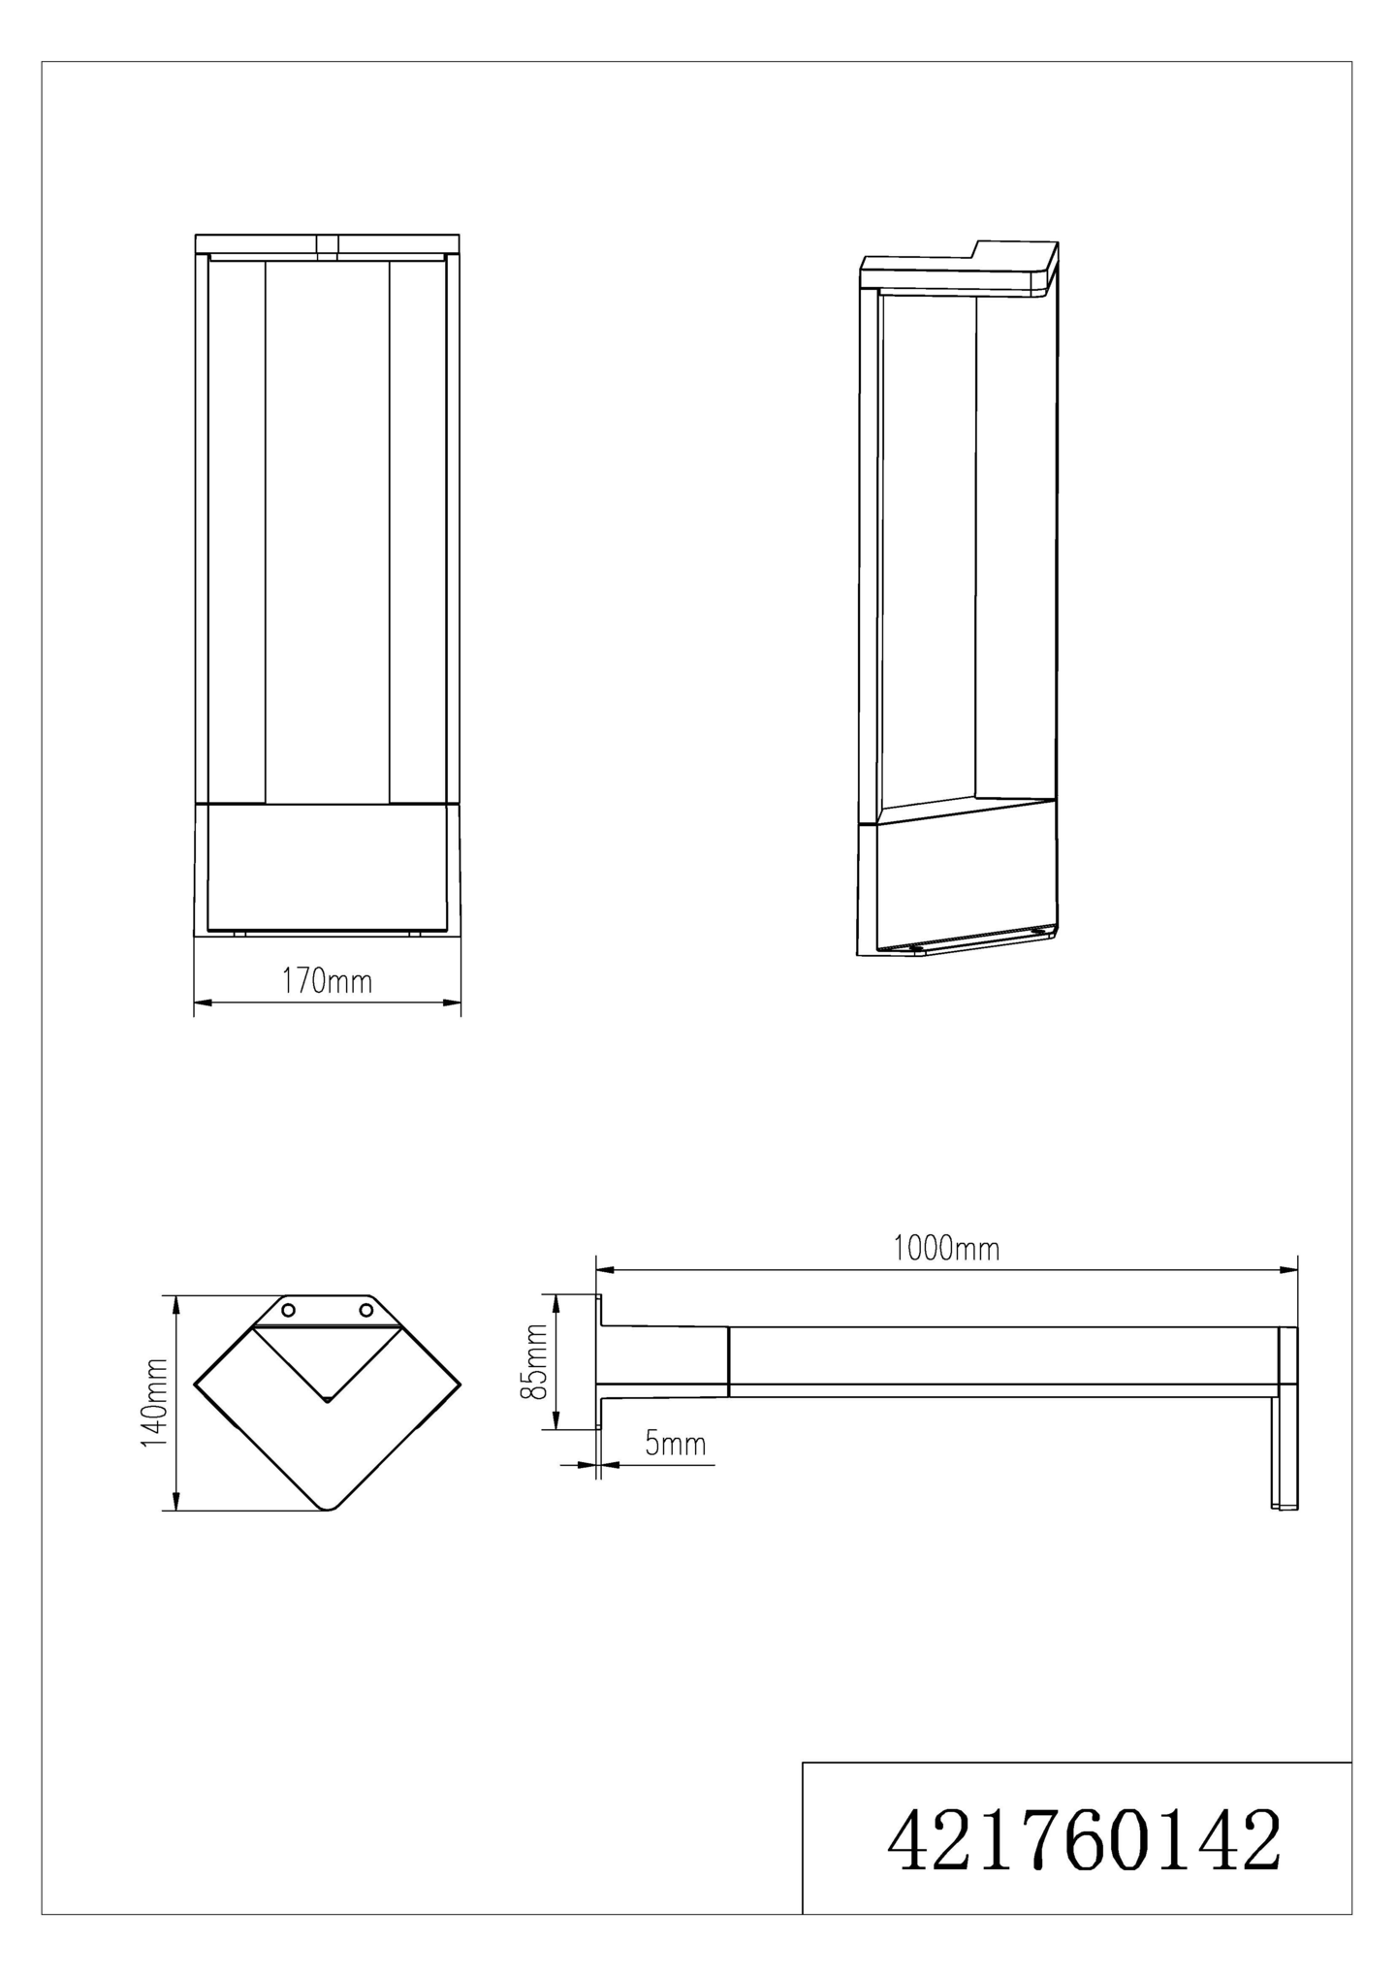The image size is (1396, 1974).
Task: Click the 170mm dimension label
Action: coord(327,982)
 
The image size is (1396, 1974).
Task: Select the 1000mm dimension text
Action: coord(945,1249)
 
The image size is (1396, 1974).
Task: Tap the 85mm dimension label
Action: coord(534,1361)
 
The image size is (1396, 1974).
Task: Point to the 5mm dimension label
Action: coord(676,1445)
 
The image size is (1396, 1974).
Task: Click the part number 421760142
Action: coord(1084,1840)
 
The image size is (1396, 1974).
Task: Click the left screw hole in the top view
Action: coord(288,1311)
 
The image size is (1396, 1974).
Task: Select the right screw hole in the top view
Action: coord(366,1311)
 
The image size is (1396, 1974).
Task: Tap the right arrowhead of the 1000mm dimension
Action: coord(1288,1269)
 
